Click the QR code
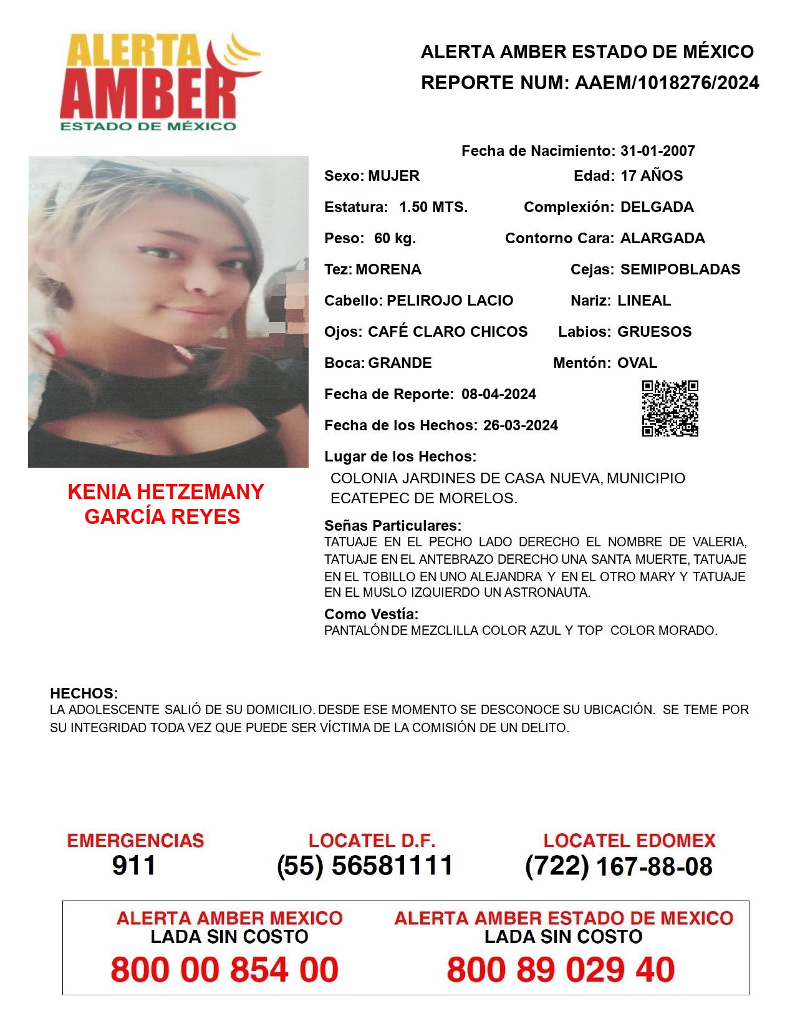pos(670,408)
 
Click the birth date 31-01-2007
pos(657,151)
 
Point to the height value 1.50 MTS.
pos(433,207)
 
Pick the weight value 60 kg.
pos(395,238)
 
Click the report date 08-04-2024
pos(499,394)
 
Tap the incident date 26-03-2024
pos(521,425)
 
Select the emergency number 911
pos(134,866)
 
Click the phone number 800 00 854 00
pos(224,970)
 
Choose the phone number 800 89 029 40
pos(561,970)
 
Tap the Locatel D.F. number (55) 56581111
pos(365,866)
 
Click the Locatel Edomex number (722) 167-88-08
pos(619,866)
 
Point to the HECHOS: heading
pos(84,693)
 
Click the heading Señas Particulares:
pos(393,526)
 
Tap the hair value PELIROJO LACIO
pos(450,301)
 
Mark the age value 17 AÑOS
pos(652,176)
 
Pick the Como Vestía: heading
pos(371,614)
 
